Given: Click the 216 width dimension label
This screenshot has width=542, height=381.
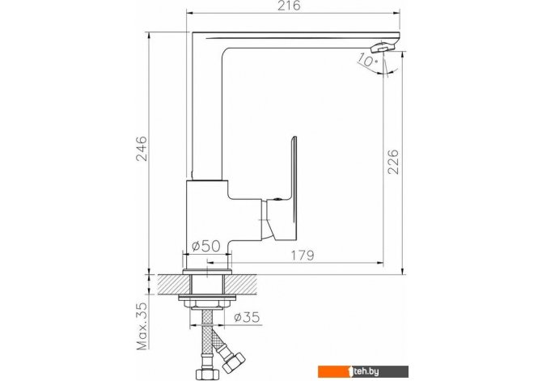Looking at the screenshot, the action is [x=290, y=6].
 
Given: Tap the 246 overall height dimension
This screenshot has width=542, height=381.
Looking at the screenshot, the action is [x=142, y=149].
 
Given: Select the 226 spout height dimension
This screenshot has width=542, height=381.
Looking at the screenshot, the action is [x=392, y=162].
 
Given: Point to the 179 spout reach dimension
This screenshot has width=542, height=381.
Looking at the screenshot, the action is [x=303, y=256].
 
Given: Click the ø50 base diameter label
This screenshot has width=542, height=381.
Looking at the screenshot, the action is [x=206, y=246].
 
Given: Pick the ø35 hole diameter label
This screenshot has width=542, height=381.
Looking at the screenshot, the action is [x=247, y=317].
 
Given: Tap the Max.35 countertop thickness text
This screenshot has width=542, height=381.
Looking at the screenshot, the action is [x=142, y=326].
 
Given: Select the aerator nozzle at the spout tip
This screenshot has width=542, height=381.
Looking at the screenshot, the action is [x=383, y=47].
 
